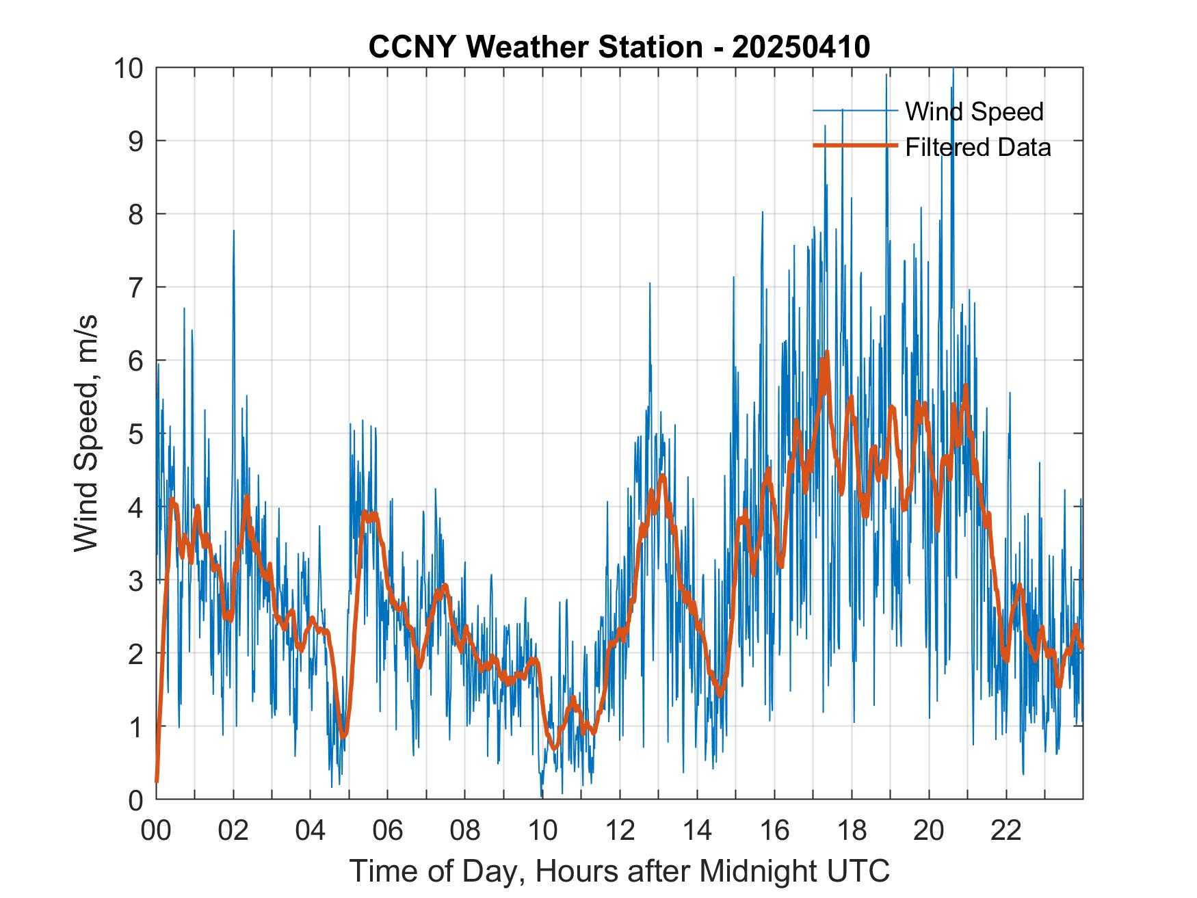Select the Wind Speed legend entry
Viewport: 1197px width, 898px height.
coord(974,111)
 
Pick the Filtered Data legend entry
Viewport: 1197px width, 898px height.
coord(977,147)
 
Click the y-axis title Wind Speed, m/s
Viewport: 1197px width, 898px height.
coord(86,434)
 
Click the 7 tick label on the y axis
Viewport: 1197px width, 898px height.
coord(135,287)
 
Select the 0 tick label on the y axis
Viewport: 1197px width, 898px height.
coord(135,800)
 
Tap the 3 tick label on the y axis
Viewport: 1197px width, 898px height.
coord(135,580)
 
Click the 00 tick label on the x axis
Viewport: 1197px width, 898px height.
coord(157,831)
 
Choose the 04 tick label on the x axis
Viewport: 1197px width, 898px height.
coord(311,831)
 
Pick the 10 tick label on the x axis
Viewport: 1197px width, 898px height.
coord(543,831)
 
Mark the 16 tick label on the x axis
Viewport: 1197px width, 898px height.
coord(775,831)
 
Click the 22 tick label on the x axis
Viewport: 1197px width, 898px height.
coord(1007,831)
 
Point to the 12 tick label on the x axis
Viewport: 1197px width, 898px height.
coord(620,831)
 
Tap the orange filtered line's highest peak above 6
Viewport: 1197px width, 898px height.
coord(827,352)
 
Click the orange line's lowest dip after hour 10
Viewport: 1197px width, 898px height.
coord(555,748)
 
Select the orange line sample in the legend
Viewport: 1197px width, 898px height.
coord(854,146)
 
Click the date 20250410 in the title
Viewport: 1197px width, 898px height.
coord(801,47)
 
